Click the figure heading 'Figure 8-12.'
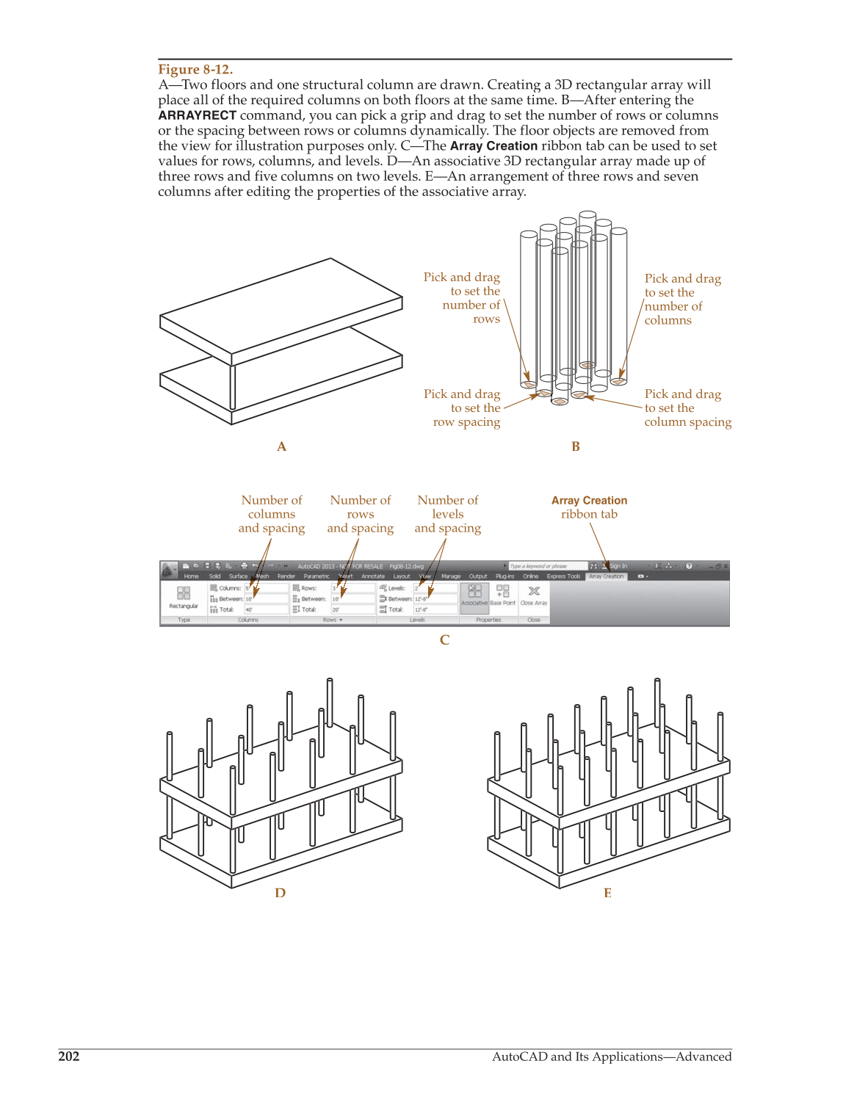195,70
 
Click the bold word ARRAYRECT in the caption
197,115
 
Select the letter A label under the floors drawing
281,446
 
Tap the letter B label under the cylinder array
576,446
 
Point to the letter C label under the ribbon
444,640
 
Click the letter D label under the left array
280,893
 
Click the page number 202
69,1057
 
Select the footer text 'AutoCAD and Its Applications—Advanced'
611,1057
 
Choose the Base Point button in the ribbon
503,595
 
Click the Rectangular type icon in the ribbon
184,595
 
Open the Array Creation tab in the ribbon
606,576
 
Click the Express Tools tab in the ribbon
563,576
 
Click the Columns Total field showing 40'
266,609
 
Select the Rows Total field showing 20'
352,609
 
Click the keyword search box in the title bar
547,566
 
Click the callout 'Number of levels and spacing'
447,514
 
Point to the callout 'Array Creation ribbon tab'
589,507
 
